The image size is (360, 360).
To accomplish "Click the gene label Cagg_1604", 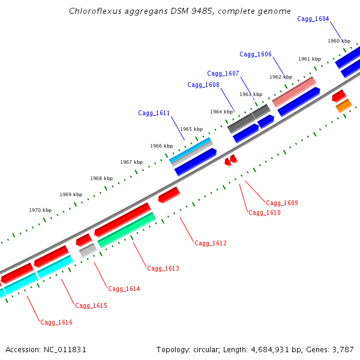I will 313,19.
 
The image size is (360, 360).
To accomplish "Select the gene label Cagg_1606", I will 256,55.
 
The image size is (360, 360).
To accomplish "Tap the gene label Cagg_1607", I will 223,74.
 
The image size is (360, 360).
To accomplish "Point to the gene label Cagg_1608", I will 203,85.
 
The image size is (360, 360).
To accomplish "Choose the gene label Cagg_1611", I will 154,113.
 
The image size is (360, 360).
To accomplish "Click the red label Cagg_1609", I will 282,203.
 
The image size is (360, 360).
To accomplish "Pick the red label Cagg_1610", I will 265,213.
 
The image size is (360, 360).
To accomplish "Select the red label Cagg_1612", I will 211,244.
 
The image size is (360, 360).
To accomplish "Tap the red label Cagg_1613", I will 163,269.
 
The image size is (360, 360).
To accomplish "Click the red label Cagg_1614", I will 124,289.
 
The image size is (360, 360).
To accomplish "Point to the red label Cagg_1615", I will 91,306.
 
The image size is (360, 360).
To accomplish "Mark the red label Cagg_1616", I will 56,323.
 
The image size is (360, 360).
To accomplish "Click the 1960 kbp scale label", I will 339,41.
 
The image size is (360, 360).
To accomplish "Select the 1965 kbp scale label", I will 191,130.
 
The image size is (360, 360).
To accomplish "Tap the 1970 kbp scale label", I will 40,211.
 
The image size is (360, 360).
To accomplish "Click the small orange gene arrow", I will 344,106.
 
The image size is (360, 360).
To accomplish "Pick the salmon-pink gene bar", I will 294,92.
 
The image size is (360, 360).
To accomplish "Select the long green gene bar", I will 127,230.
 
